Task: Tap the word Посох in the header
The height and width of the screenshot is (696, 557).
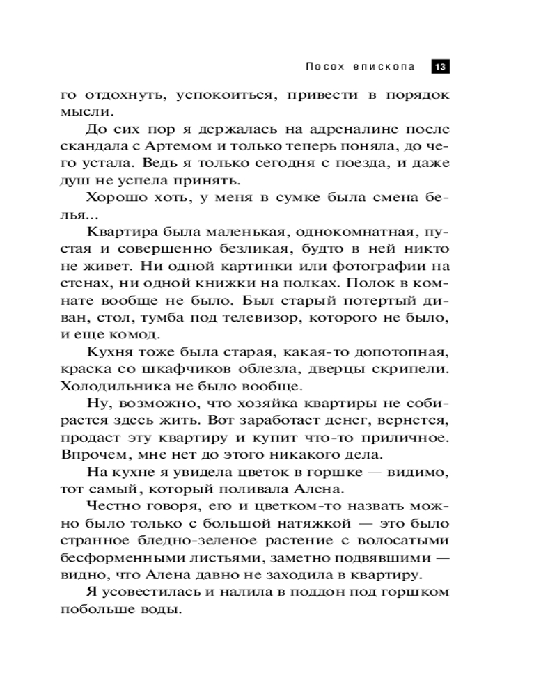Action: (x=324, y=67)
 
